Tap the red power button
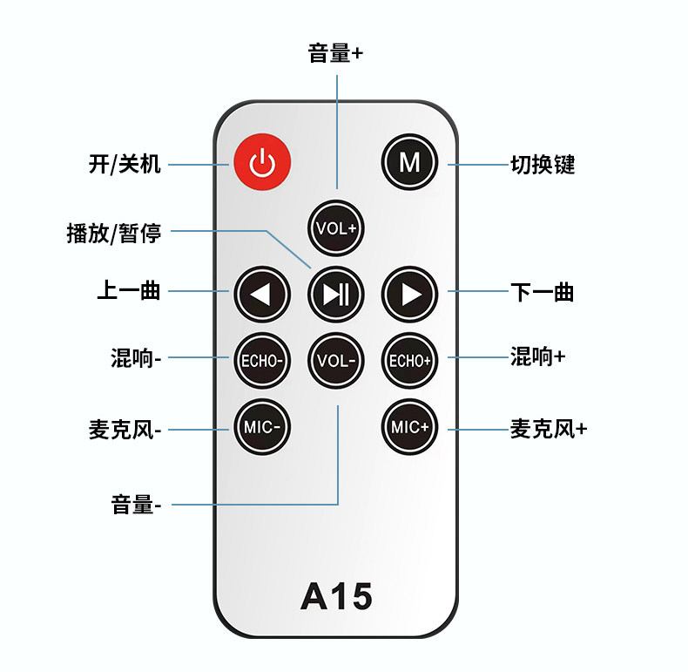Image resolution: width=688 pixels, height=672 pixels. [x=261, y=163]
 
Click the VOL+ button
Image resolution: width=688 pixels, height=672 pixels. [x=336, y=228]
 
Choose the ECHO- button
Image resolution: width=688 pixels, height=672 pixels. [x=261, y=360]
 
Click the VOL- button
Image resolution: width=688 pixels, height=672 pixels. [x=336, y=360]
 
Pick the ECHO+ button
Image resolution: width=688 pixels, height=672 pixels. [x=409, y=360]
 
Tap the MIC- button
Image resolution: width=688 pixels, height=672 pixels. [x=261, y=427]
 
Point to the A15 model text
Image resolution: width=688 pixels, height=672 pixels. [x=336, y=596]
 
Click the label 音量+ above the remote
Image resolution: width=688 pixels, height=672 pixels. [x=336, y=53]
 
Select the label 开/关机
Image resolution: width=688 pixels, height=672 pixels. [x=125, y=164]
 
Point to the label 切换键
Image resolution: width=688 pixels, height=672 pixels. [x=543, y=164]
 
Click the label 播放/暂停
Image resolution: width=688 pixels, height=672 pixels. [x=113, y=233]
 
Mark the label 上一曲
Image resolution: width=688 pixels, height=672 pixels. [x=128, y=291]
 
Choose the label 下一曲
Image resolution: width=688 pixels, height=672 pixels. [x=542, y=292]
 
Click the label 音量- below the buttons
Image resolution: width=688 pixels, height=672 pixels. [x=136, y=504]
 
